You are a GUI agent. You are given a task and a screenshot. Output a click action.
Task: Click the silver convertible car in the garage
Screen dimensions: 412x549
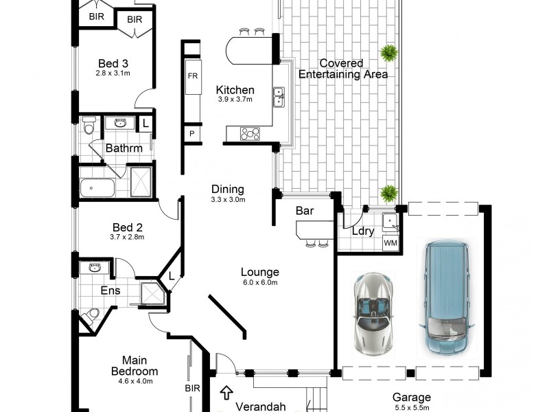[375, 311]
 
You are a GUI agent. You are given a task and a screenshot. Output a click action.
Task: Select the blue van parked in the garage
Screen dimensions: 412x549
[446, 297]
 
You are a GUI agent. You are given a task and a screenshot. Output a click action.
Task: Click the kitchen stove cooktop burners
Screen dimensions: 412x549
[250, 134]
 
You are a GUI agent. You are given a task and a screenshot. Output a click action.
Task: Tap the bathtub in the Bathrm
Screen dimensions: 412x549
[97, 187]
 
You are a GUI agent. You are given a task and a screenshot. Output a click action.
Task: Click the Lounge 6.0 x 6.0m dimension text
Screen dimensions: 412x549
[260, 282]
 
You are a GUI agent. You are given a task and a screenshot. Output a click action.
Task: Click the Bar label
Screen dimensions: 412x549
[305, 211]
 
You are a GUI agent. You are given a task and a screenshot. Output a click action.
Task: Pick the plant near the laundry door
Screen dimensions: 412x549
[389, 194]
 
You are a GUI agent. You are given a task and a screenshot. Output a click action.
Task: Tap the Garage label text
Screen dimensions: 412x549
[412, 397]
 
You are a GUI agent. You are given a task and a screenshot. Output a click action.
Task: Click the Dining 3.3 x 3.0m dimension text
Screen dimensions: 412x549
[228, 200]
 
